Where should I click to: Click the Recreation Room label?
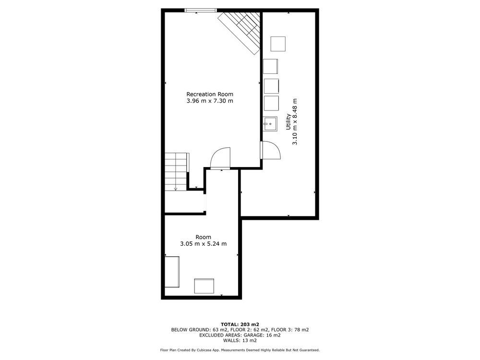tap(210, 94)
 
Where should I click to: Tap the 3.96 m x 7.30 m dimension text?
tap(210, 101)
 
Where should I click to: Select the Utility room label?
tap(288, 122)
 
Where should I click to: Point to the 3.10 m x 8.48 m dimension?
tap(295, 122)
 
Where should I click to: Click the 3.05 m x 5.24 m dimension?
tap(203, 244)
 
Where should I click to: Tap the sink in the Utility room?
tap(270, 124)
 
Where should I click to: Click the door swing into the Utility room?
tap(271, 150)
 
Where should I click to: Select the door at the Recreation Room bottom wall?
tap(220, 158)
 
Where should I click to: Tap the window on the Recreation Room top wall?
tap(201, 11)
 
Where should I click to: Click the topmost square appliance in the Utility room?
tap(278, 44)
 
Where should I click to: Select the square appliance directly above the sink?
tap(271, 103)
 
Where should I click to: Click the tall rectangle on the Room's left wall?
tap(172, 272)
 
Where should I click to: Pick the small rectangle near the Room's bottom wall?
tap(204, 286)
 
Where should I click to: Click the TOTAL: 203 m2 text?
tap(240, 324)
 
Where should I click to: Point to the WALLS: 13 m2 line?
tap(240, 340)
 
